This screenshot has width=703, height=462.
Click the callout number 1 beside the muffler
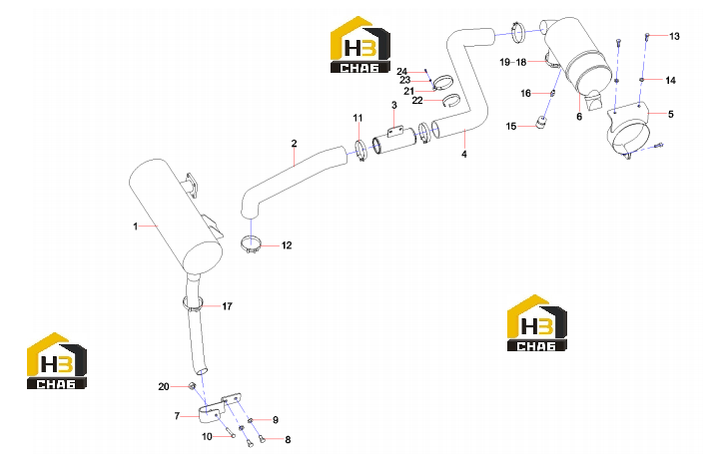(x=136, y=227)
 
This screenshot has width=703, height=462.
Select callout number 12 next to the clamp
(x=287, y=245)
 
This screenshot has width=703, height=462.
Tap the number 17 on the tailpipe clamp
(x=228, y=306)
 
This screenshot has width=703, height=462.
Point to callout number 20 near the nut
(x=164, y=386)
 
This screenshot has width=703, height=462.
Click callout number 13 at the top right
(x=674, y=36)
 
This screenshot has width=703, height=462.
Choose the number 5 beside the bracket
(x=671, y=114)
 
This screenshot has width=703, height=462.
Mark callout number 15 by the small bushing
(x=511, y=127)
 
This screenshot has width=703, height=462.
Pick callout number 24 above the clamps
(x=401, y=72)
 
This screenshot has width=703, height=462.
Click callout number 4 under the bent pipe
(x=464, y=154)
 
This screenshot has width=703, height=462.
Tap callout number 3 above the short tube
(x=394, y=106)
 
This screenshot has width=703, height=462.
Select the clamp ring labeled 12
(x=251, y=243)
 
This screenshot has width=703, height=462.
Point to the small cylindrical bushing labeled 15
(x=542, y=121)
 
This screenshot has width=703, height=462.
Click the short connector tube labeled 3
(x=394, y=141)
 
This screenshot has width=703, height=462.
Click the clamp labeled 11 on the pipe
(x=360, y=151)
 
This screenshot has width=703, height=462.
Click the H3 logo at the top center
(x=360, y=44)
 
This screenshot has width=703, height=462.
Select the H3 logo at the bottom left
(x=57, y=361)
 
